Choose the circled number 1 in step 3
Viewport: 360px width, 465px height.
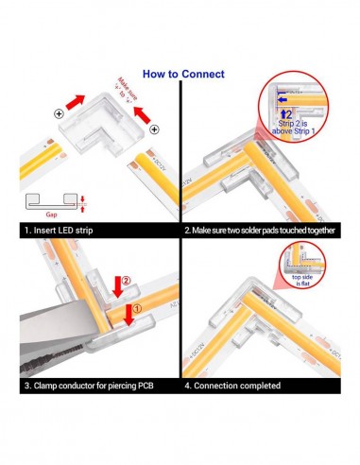[x=138, y=307]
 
